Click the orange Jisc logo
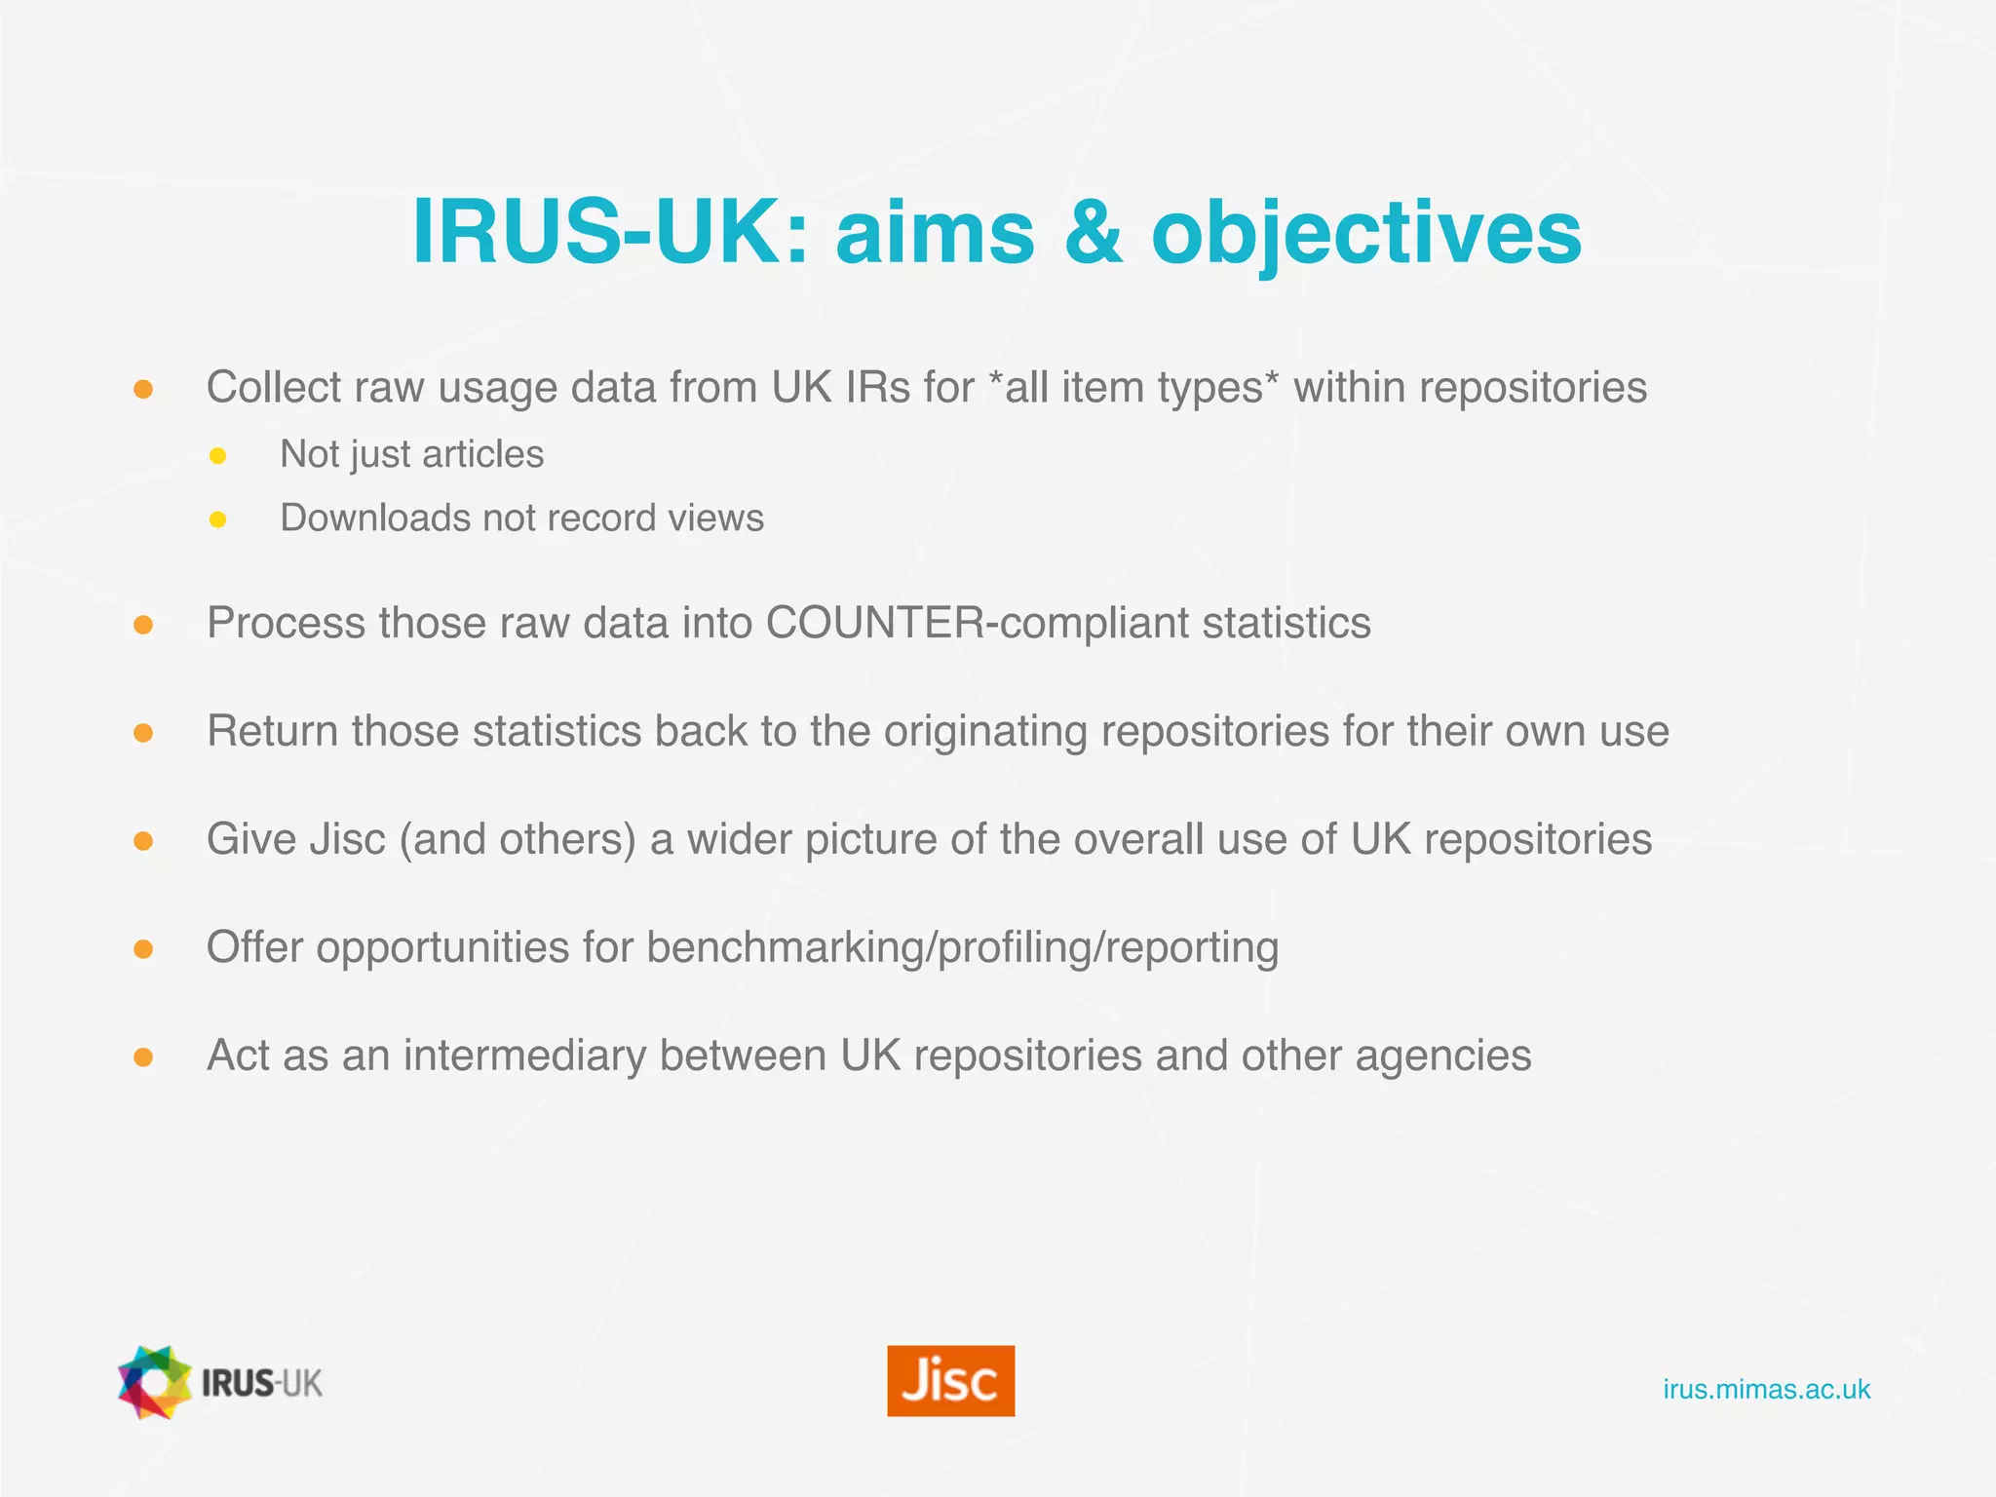(950, 1380)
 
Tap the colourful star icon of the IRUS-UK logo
(154, 1382)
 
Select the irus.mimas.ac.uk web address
(1766, 1389)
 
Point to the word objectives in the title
(1366, 234)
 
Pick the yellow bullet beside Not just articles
(218, 455)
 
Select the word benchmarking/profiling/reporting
(962, 947)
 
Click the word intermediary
(524, 1056)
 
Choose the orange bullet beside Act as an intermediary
(143, 1057)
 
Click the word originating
(985, 731)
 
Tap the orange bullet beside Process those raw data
(143, 625)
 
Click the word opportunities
(442, 947)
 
